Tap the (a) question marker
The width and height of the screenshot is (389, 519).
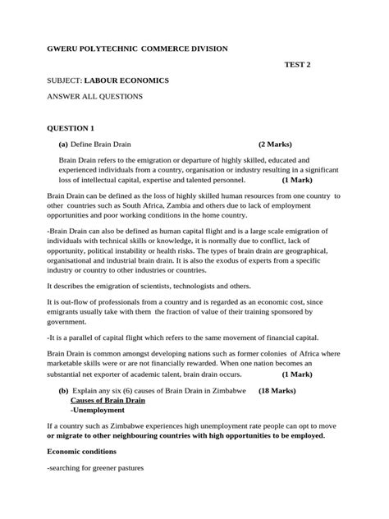click(x=62, y=143)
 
